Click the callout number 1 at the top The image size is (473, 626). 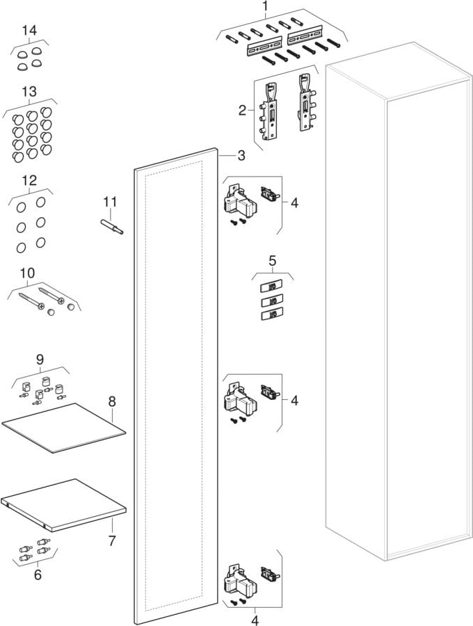point(266,6)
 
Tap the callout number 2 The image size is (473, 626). point(243,110)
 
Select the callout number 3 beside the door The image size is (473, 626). point(241,155)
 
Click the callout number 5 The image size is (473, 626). point(272,261)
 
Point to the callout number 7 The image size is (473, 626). point(112,540)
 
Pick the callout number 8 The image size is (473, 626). point(112,401)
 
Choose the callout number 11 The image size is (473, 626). point(110,202)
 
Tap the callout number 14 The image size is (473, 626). point(29,30)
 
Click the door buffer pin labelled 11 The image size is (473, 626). point(112,226)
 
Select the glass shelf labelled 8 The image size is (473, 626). point(64,428)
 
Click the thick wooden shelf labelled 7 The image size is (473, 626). point(64,505)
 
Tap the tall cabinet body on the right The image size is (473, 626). point(397,301)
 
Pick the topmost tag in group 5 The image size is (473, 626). point(272,287)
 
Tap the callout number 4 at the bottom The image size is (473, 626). point(255,620)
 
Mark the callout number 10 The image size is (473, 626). point(28,273)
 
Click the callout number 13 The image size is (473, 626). point(29,91)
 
